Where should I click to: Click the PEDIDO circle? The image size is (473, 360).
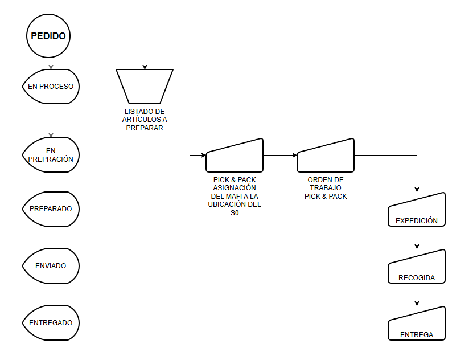(48, 36)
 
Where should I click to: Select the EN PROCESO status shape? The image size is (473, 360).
(51, 87)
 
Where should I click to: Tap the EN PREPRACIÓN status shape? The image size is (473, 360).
(51, 155)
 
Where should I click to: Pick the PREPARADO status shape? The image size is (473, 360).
(51, 209)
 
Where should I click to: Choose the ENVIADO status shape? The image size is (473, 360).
(51, 266)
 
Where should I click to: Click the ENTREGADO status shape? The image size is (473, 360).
(51, 323)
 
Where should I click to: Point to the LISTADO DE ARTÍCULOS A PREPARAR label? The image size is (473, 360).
(145, 120)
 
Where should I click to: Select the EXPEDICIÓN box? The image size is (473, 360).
(417, 211)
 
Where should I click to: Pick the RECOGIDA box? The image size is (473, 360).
(417, 268)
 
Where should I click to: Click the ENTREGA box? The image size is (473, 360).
(417, 325)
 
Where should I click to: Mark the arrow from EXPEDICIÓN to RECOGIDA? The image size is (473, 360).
(417, 238)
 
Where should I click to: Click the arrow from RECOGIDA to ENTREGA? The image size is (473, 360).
(417, 295)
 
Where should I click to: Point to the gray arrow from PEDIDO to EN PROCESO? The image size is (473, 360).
(51, 63)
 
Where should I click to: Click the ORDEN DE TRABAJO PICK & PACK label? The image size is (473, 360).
(326, 188)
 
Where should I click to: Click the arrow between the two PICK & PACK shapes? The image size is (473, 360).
(280, 155)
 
